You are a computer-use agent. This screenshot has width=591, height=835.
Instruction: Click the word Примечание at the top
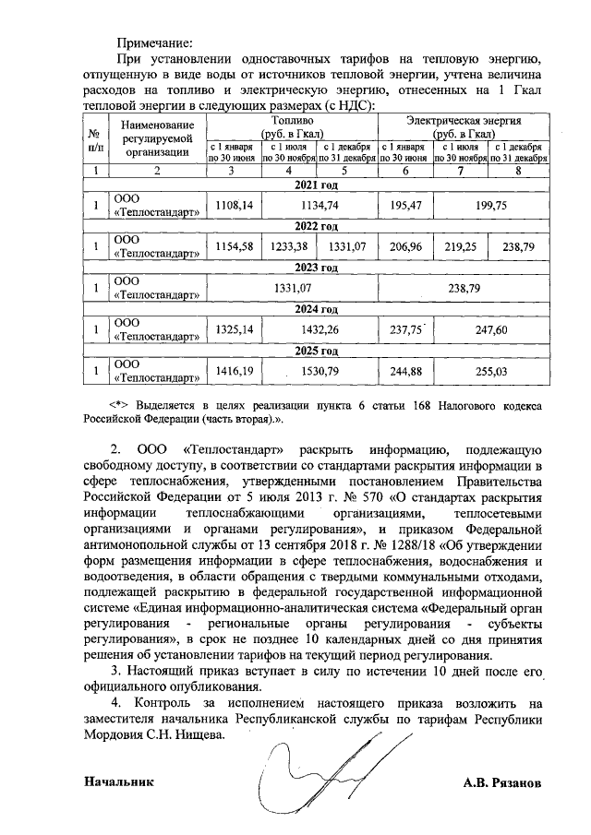tap(154, 42)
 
